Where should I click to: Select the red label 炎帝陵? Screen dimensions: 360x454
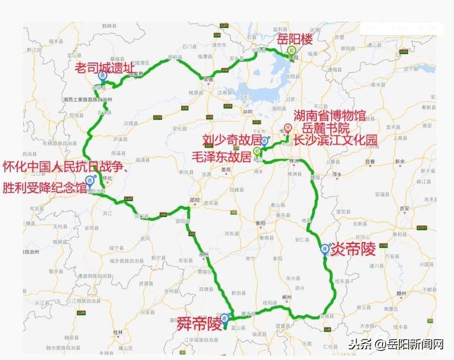354,249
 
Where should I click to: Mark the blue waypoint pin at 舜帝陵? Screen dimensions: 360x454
225,318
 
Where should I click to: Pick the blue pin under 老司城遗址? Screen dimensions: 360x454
103,77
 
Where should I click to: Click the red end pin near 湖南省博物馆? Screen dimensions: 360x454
288,128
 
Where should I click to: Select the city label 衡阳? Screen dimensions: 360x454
261,222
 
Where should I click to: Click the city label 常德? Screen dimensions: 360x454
209,79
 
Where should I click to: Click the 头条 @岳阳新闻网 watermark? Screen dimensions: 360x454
397,345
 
